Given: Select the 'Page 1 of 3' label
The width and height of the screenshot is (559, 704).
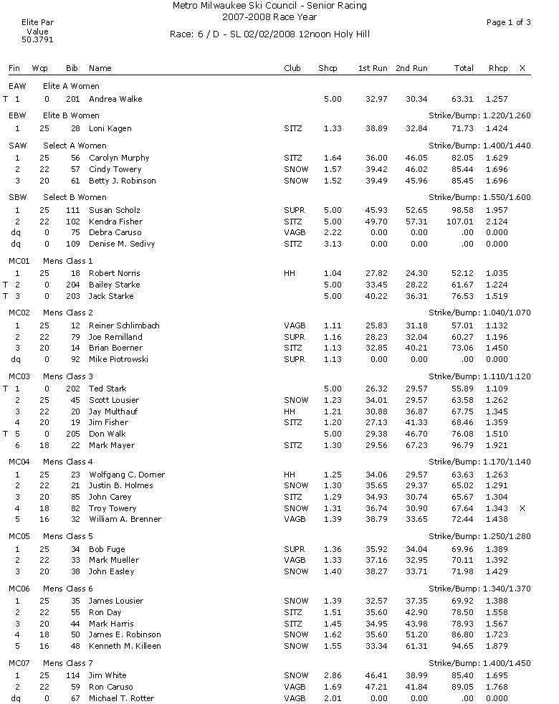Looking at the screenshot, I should (508, 22).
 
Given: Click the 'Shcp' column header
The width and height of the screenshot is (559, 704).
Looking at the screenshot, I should (328, 68).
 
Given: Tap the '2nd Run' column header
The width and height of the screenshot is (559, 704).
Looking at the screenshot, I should (411, 68).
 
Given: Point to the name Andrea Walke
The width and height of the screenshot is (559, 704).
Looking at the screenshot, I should (113, 99).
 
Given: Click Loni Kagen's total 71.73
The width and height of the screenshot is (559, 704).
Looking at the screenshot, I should (463, 128).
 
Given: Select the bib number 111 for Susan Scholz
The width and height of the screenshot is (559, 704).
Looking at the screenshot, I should (72, 210).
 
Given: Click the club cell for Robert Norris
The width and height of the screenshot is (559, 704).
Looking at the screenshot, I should (290, 273).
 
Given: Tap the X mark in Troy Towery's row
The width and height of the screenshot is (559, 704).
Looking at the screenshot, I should (522, 508).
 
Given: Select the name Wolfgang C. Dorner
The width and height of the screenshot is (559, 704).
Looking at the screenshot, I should (127, 475).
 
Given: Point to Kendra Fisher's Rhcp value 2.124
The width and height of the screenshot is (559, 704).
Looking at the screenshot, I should (496, 222).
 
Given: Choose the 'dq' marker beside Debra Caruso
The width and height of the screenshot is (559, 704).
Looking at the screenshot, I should (16, 232).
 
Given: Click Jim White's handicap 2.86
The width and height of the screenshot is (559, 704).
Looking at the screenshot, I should (332, 675).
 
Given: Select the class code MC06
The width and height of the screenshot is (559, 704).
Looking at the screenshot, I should (18, 589).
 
